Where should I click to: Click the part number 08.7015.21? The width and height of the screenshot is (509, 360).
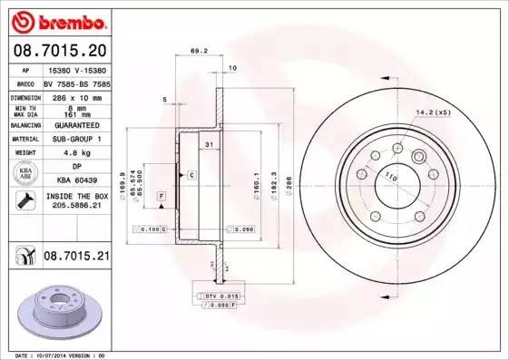pos(76,258)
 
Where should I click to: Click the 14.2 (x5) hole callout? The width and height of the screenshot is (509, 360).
pos(433,112)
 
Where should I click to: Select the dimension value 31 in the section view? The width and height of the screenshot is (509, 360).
pos(209,146)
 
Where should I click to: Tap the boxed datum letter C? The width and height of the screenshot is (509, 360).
pos(191,174)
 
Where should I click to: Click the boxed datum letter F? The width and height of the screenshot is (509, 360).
pos(161,196)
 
